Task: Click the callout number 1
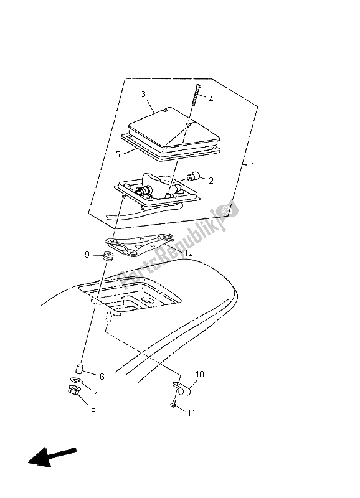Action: point(253,166)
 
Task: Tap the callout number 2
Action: point(211,181)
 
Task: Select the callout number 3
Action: point(143,94)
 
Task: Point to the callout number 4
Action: point(211,99)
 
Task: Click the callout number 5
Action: point(118,154)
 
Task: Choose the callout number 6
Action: point(102,377)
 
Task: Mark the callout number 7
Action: point(95,393)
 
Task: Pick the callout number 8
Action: point(93,409)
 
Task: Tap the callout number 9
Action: point(87,255)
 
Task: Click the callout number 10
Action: point(199,374)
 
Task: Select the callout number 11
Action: point(191,413)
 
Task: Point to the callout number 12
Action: point(189,253)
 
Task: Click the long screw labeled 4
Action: point(195,95)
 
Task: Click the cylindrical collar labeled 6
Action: point(79,369)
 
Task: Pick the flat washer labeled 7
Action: point(75,380)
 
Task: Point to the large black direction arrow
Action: point(52,456)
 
